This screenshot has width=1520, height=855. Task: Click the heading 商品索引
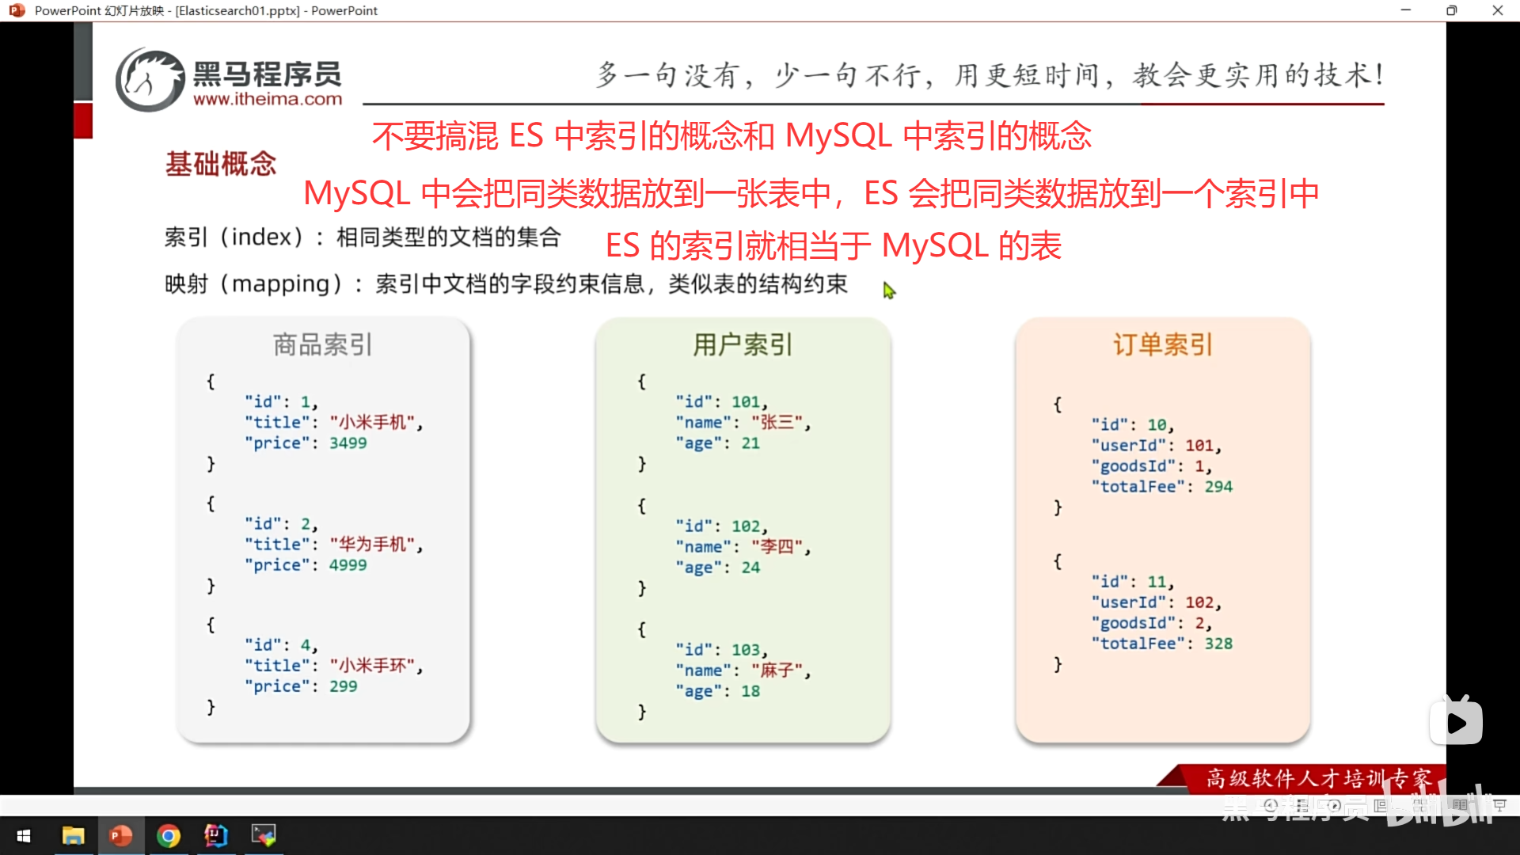[322, 345]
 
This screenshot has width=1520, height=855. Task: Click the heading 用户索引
[743, 345]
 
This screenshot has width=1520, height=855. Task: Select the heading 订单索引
[1163, 345]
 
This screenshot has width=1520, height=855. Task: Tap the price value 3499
[348, 443]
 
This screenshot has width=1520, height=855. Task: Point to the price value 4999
[348, 565]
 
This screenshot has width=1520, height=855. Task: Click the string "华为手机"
[376, 545]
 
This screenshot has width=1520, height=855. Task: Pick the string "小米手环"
[376, 666]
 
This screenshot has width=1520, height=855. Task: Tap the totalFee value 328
[1218, 644]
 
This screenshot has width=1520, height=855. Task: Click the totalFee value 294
[1218, 487]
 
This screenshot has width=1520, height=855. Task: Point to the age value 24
[750, 568]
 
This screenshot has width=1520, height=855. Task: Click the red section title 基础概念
[221, 164]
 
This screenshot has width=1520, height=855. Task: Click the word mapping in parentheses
[280, 284]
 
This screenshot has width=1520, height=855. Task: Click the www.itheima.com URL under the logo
[268, 100]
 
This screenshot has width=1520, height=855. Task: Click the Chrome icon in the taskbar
[169, 836]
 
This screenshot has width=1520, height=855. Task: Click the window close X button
[1497, 10]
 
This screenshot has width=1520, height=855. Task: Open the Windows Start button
[24, 836]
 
